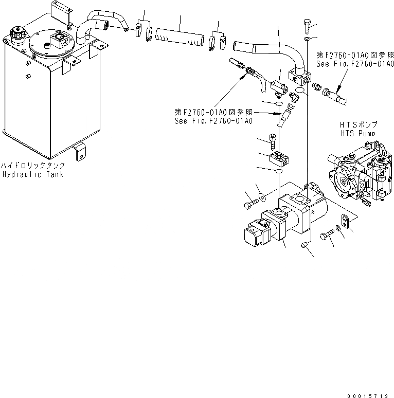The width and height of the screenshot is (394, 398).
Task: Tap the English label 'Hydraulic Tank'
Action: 32,174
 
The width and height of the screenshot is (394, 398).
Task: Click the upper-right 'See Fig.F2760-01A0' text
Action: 355,64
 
